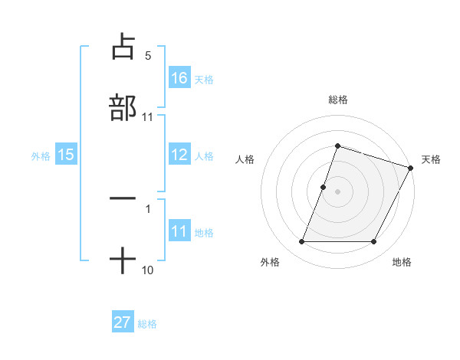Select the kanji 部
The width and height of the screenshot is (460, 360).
pyautogui.click(x=123, y=106)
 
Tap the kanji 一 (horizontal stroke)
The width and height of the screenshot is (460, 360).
pyautogui.click(x=123, y=198)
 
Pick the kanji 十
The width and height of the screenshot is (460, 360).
pyautogui.click(x=123, y=260)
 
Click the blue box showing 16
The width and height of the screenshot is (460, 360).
pyautogui.click(x=179, y=78)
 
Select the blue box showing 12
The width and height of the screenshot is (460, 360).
pyautogui.click(x=179, y=155)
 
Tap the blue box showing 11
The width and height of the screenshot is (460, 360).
pyautogui.click(x=179, y=232)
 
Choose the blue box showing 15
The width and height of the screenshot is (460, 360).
pyautogui.click(x=66, y=155)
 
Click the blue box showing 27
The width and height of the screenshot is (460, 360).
pyautogui.click(x=123, y=322)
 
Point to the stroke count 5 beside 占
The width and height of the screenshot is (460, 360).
pyautogui.click(x=148, y=56)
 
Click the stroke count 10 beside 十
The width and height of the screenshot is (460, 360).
pyautogui.click(x=148, y=270)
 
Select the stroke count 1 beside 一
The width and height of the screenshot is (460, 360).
pyautogui.click(x=148, y=209)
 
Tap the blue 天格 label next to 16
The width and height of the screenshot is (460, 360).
pyautogui.click(x=204, y=79)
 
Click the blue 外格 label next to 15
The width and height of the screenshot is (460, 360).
pyautogui.click(x=41, y=156)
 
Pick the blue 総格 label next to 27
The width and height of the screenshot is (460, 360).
pyautogui.click(x=147, y=323)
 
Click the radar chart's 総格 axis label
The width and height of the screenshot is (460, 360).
pyautogui.click(x=337, y=100)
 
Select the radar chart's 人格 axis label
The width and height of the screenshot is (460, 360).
pyautogui.click(x=245, y=159)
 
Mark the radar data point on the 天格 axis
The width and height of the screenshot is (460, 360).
pyautogui.click(x=410, y=168)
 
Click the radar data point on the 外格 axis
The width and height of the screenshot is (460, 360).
pyautogui.click(x=302, y=242)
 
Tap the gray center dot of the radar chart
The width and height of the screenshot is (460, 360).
pyautogui.click(x=337, y=191)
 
